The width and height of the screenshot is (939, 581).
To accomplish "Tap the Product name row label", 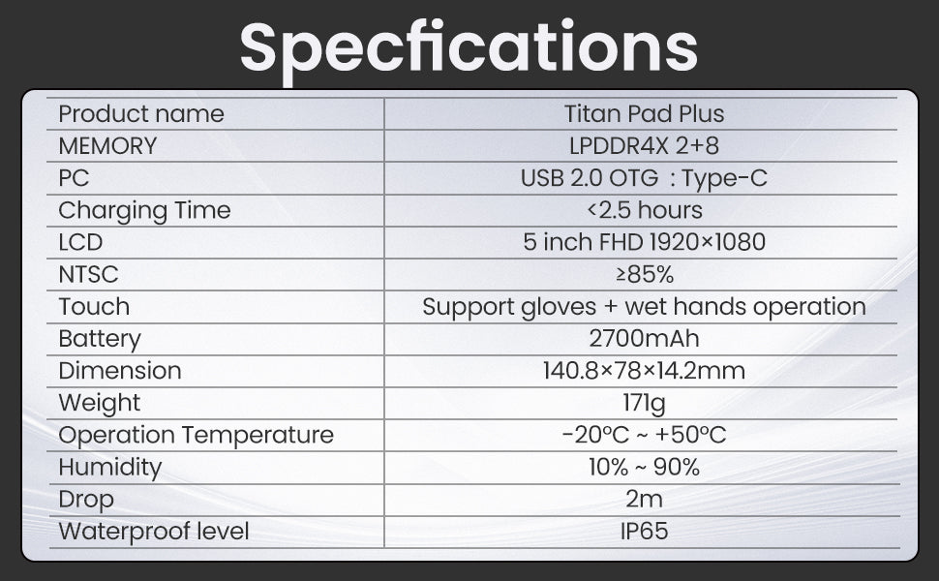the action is [x=141, y=114].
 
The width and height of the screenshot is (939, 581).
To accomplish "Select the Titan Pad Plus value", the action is [x=645, y=114].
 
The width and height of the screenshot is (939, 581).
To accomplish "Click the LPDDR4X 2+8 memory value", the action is [x=645, y=145].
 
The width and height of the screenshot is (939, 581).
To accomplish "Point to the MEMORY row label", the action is [x=107, y=146].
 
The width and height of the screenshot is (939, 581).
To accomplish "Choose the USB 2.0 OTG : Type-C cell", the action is [x=644, y=178].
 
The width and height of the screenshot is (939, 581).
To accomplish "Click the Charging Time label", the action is [x=144, y=211].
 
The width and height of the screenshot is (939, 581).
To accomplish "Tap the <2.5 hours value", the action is [x=645, y=210].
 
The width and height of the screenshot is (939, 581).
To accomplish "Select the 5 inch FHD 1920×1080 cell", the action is [x=645, y=242].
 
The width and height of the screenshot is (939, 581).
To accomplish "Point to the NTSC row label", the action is [x=89, y=274].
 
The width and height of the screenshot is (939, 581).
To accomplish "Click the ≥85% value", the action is [x=645, y=274].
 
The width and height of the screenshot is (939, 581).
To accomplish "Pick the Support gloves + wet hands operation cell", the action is [x=644, y=307].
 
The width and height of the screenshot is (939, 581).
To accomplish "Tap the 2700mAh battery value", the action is [x=645, y=338].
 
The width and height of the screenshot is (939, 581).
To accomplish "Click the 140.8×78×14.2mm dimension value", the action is [x=645, y=371].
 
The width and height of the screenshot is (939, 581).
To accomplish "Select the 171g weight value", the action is [x=645, y=404].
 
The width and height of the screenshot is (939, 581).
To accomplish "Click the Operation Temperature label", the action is [x=197, y=436].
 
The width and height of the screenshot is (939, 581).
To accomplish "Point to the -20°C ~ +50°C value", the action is [x=645, y=435].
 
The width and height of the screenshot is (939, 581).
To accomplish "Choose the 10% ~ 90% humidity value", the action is [x=645, y=467].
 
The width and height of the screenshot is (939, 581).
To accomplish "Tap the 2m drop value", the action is [x=645, y=499].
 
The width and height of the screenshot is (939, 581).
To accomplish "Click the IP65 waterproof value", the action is [x=645, y=532].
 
